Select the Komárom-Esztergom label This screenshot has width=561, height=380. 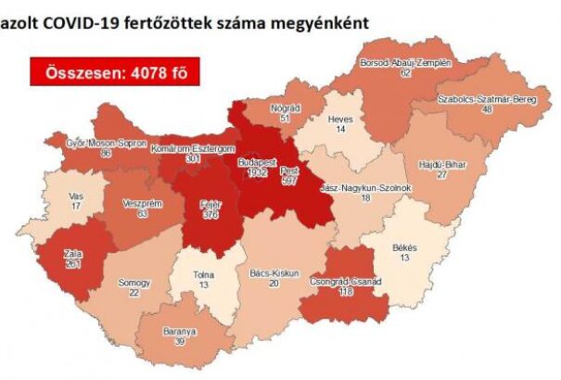pyautogui.click(x=192, y=148)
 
